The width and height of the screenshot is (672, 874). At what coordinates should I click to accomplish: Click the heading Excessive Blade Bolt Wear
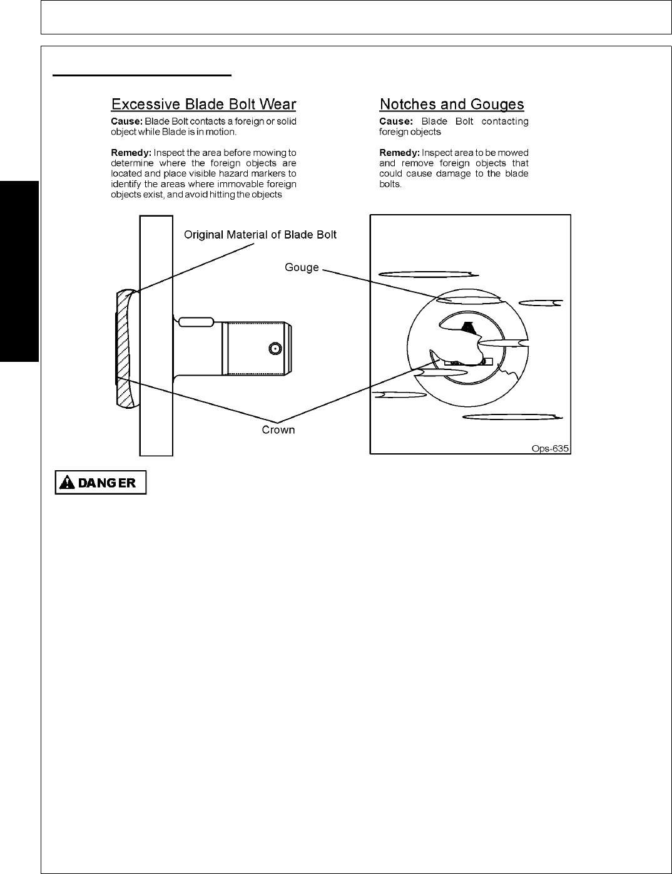click(203, 104)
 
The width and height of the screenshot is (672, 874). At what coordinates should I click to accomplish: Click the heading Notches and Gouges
click(452, 104)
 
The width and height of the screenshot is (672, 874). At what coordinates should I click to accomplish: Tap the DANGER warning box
click(101, 483)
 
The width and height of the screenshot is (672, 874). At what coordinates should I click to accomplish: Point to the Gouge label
click(302, 267)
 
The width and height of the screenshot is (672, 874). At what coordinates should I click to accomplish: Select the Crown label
click(278, 430)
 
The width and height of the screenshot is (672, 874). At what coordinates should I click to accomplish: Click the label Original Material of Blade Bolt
click(260, 235)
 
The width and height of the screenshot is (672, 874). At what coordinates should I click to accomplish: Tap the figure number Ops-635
click(549, 448)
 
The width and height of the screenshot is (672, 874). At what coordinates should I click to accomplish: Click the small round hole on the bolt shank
click(273, 348)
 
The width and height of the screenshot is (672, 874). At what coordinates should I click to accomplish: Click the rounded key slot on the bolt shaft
click(196, 322)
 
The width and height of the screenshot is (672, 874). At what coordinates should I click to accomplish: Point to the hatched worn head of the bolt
click(124, 351)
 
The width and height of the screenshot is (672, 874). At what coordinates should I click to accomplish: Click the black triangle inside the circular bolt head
click(466, 326)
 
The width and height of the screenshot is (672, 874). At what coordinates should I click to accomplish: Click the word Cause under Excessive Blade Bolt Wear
click(126, 121)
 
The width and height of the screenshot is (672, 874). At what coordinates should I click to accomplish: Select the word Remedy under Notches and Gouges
click(399, 153)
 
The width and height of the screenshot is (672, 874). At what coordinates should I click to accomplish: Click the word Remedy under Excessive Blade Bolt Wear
click(131, 153)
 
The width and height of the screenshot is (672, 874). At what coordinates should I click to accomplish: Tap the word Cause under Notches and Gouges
click(395, 121)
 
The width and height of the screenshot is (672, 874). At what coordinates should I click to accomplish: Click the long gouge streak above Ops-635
click(511, 417)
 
